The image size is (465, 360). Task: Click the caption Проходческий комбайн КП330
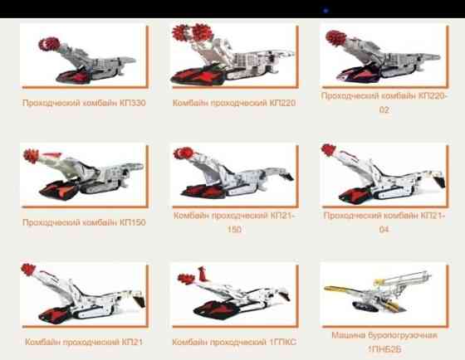click(84, 103)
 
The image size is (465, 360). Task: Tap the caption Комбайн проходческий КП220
click(234, 103)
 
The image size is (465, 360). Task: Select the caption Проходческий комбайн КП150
click(84, 222)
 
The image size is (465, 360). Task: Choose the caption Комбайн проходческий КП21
click(84, 342)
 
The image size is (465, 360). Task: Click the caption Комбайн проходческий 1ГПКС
click(234, 342)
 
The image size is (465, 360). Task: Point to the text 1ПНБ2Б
click(384, 349)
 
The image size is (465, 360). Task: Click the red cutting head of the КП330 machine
click(49, 44)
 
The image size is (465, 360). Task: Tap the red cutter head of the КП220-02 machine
click(335, 38)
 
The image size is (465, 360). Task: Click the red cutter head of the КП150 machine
click(32, 156)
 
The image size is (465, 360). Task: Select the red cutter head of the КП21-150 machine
click(184, 153)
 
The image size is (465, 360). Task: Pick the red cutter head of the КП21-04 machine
click(329, 150)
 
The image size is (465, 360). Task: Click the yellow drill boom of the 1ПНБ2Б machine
click(341, 289)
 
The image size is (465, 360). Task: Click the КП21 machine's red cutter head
click(28, 270)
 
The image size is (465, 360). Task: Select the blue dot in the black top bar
click(325, 11)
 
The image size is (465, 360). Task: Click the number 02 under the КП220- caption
click(384, 110)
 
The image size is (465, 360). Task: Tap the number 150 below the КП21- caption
click(234, 229)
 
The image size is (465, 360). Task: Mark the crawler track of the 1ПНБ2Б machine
click(365, 307)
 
